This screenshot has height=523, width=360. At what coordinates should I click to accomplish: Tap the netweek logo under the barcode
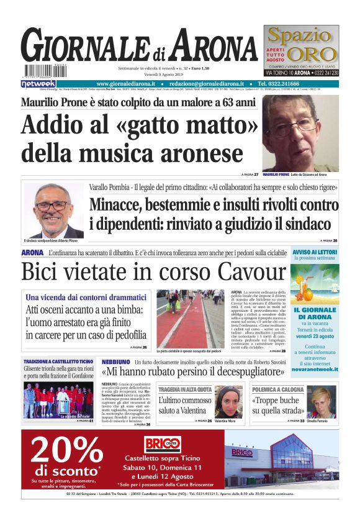point(38,83)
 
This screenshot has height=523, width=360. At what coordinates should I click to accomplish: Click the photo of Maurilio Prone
point(300,133)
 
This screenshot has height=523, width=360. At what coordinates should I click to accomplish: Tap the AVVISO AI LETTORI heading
point(315,252)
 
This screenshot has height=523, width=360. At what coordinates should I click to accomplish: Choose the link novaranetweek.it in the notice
point(315,369)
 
